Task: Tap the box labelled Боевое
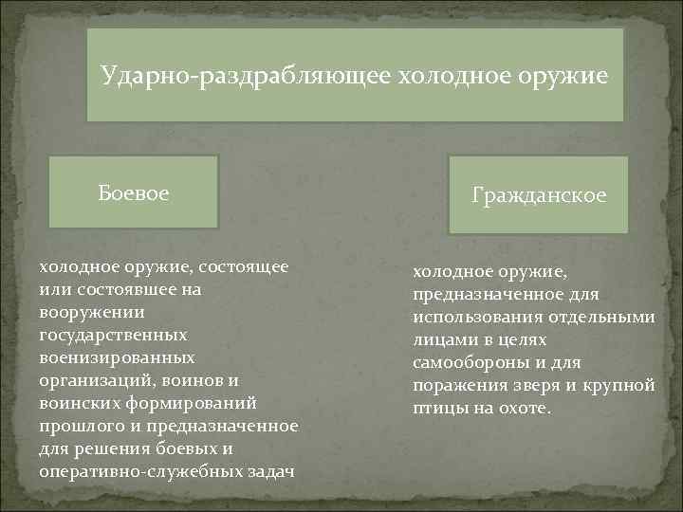[x=134, y=193]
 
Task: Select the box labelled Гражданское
[x=539, y=195]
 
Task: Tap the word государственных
[x=114, y=335]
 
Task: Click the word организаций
[x=94, y=380]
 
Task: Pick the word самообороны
[x=470, y=362]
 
